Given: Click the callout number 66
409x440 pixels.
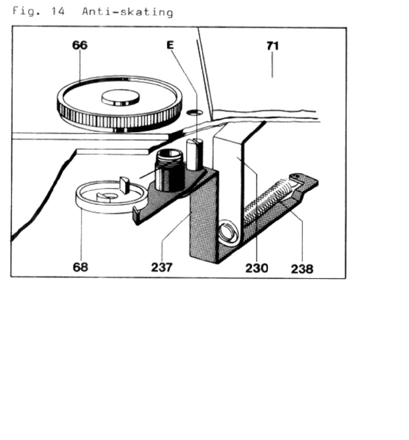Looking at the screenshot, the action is (x=79, y=45).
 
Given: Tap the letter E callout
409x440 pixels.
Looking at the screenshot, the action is (x=170, y=45).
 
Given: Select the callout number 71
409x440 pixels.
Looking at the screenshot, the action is (x=272, y=46).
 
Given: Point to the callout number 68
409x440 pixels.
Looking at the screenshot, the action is (x=80, y=267).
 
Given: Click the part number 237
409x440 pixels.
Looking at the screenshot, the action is (x=161, y=267).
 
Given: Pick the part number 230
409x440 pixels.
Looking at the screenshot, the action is (x=257, y=268).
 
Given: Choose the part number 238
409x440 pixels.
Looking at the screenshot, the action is (x=302, y=269).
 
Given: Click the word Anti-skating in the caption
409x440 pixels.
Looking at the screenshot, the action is (x=128, y=12).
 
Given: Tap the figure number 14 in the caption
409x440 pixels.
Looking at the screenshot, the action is (x=58, y=11).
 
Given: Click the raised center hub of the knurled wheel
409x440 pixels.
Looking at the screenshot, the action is (x=120, y=97).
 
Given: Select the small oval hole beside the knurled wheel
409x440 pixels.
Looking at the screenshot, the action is (x=195, y=112).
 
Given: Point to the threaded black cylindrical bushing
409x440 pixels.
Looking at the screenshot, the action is (x=169, y=170).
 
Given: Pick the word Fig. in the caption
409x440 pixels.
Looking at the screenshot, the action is (x=25, y=11).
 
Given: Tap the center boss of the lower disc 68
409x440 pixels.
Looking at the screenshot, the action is (x=108, y=197).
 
